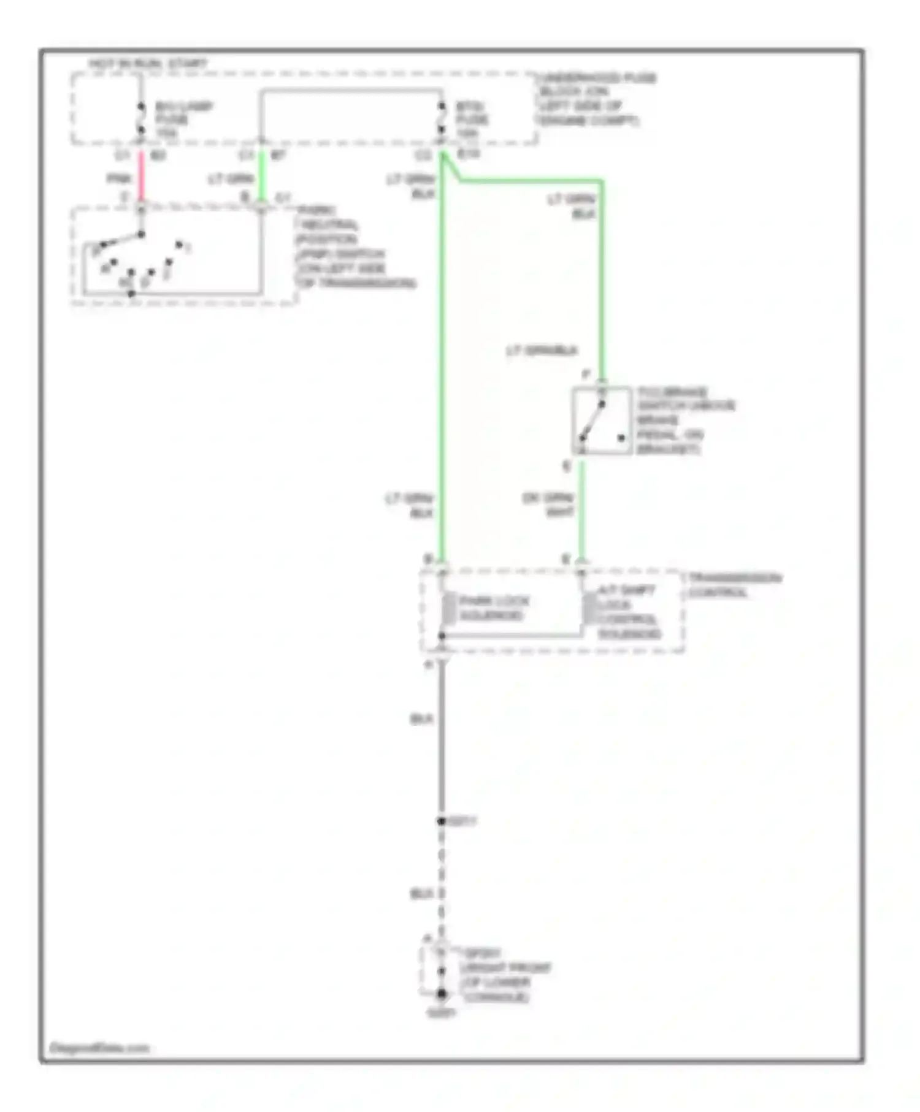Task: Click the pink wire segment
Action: tap(141, 176)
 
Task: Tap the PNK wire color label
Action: tap(119, 179)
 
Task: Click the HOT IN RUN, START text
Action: tap(148, 64)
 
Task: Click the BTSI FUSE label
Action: tap(473, 120)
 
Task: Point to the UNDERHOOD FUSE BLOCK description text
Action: tap(594, 99)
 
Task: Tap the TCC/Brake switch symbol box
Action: tap(601, 421)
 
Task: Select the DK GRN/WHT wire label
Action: tap(548, 504)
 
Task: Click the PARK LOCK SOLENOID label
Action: tap(494, 608)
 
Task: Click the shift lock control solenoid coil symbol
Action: tap(589, 608)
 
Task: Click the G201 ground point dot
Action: tap(441, 994)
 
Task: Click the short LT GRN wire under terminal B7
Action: tap(262, 176)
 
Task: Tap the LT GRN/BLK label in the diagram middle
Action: tap(542, 351)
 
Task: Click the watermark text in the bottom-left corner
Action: tap(99, 1048)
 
